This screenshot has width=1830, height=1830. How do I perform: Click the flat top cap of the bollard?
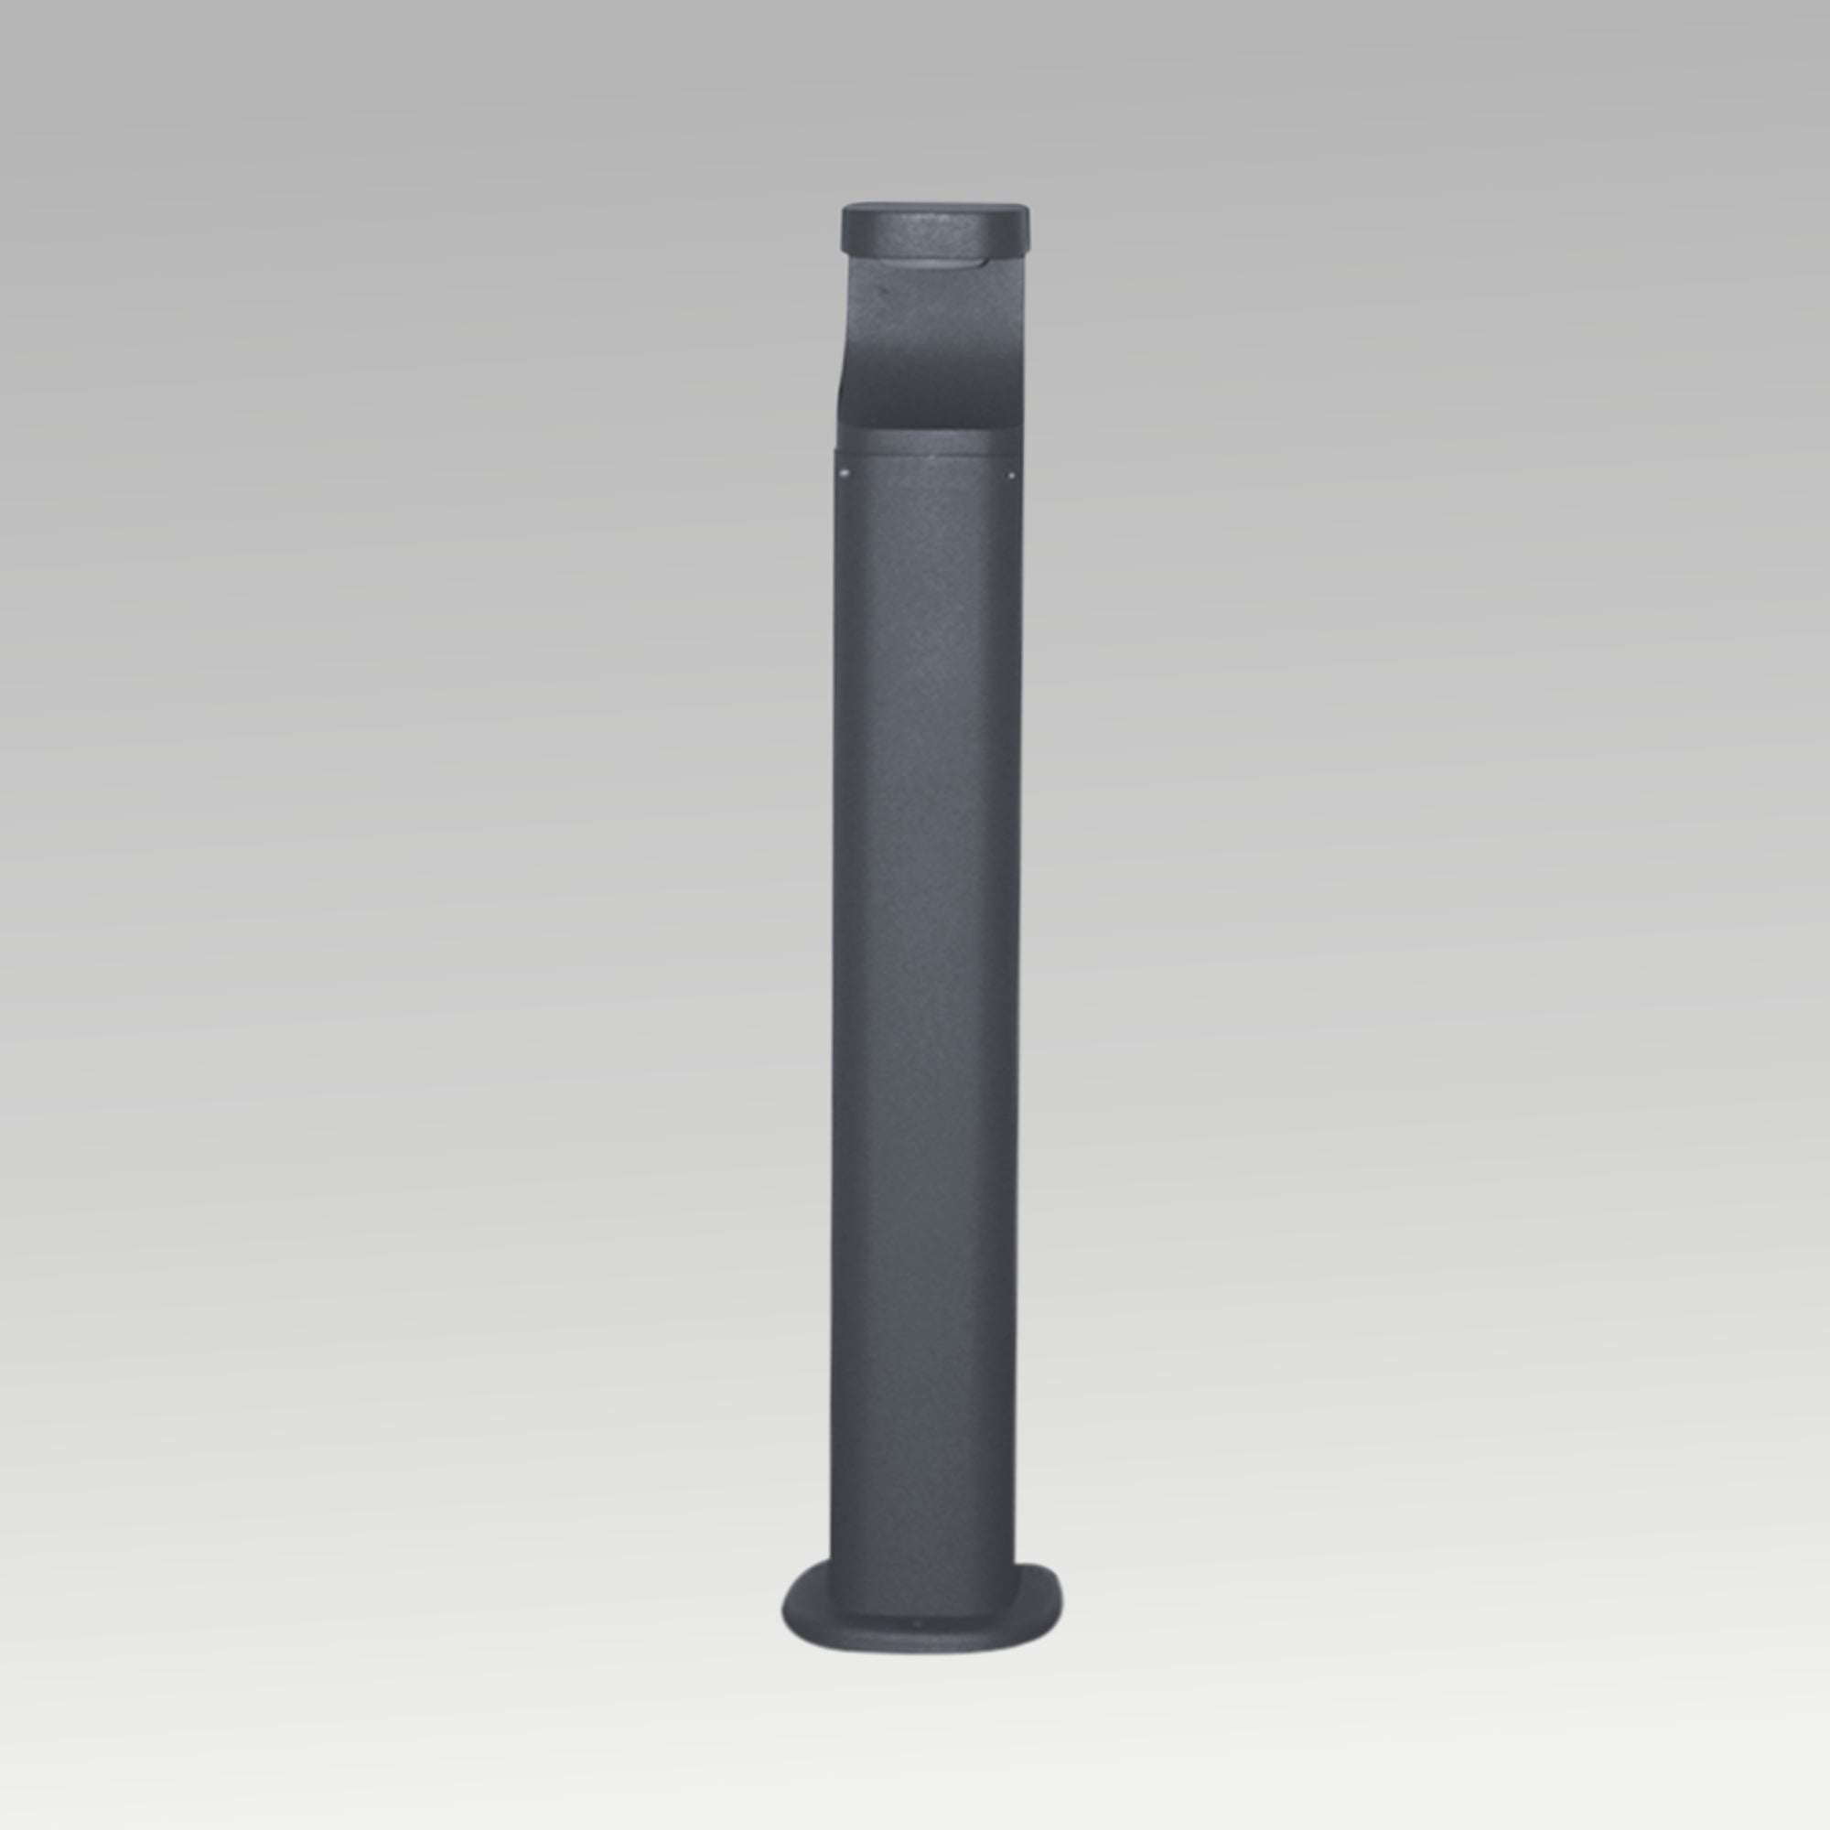click(935, 206)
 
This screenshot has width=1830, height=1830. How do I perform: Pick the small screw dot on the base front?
click(915, 1622)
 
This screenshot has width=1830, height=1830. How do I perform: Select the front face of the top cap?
click(935, 232)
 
